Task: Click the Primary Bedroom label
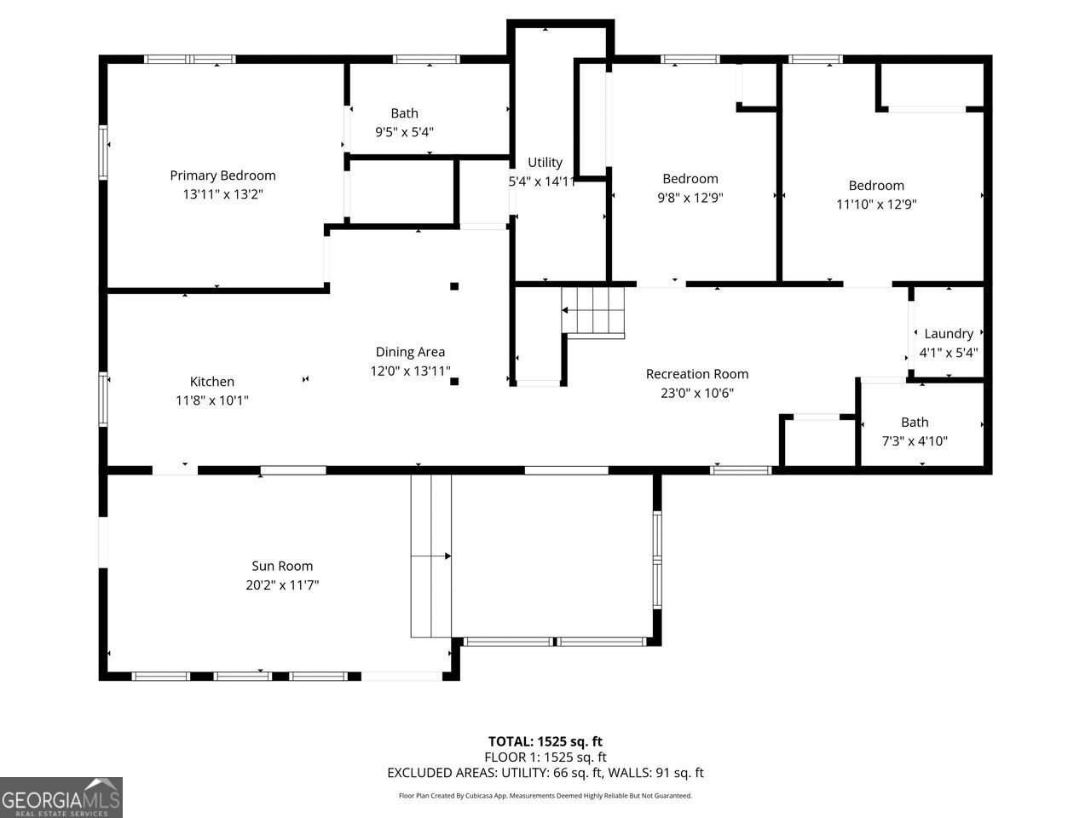click(222, 176)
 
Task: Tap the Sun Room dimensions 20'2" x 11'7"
click(282, 585)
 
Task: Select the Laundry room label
click(948, 334)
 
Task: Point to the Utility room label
click(545, 163)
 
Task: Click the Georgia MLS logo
click(61, 798)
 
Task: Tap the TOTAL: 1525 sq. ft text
click(545, 741)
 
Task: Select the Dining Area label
click(410, 352)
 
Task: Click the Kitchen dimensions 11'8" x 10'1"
click(211, 400)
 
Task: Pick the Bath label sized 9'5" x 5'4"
click(405, 113)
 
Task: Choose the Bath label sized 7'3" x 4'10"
click(915, 423)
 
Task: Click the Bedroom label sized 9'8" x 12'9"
click(690, 179)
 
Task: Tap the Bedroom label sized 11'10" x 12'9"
click(875, 186)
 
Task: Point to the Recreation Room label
click(696, 374)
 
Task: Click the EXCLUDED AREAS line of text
click(545, 773)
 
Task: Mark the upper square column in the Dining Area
click(454, 286)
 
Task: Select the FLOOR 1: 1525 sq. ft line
click(545, 757)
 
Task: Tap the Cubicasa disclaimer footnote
click(545, 796)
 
